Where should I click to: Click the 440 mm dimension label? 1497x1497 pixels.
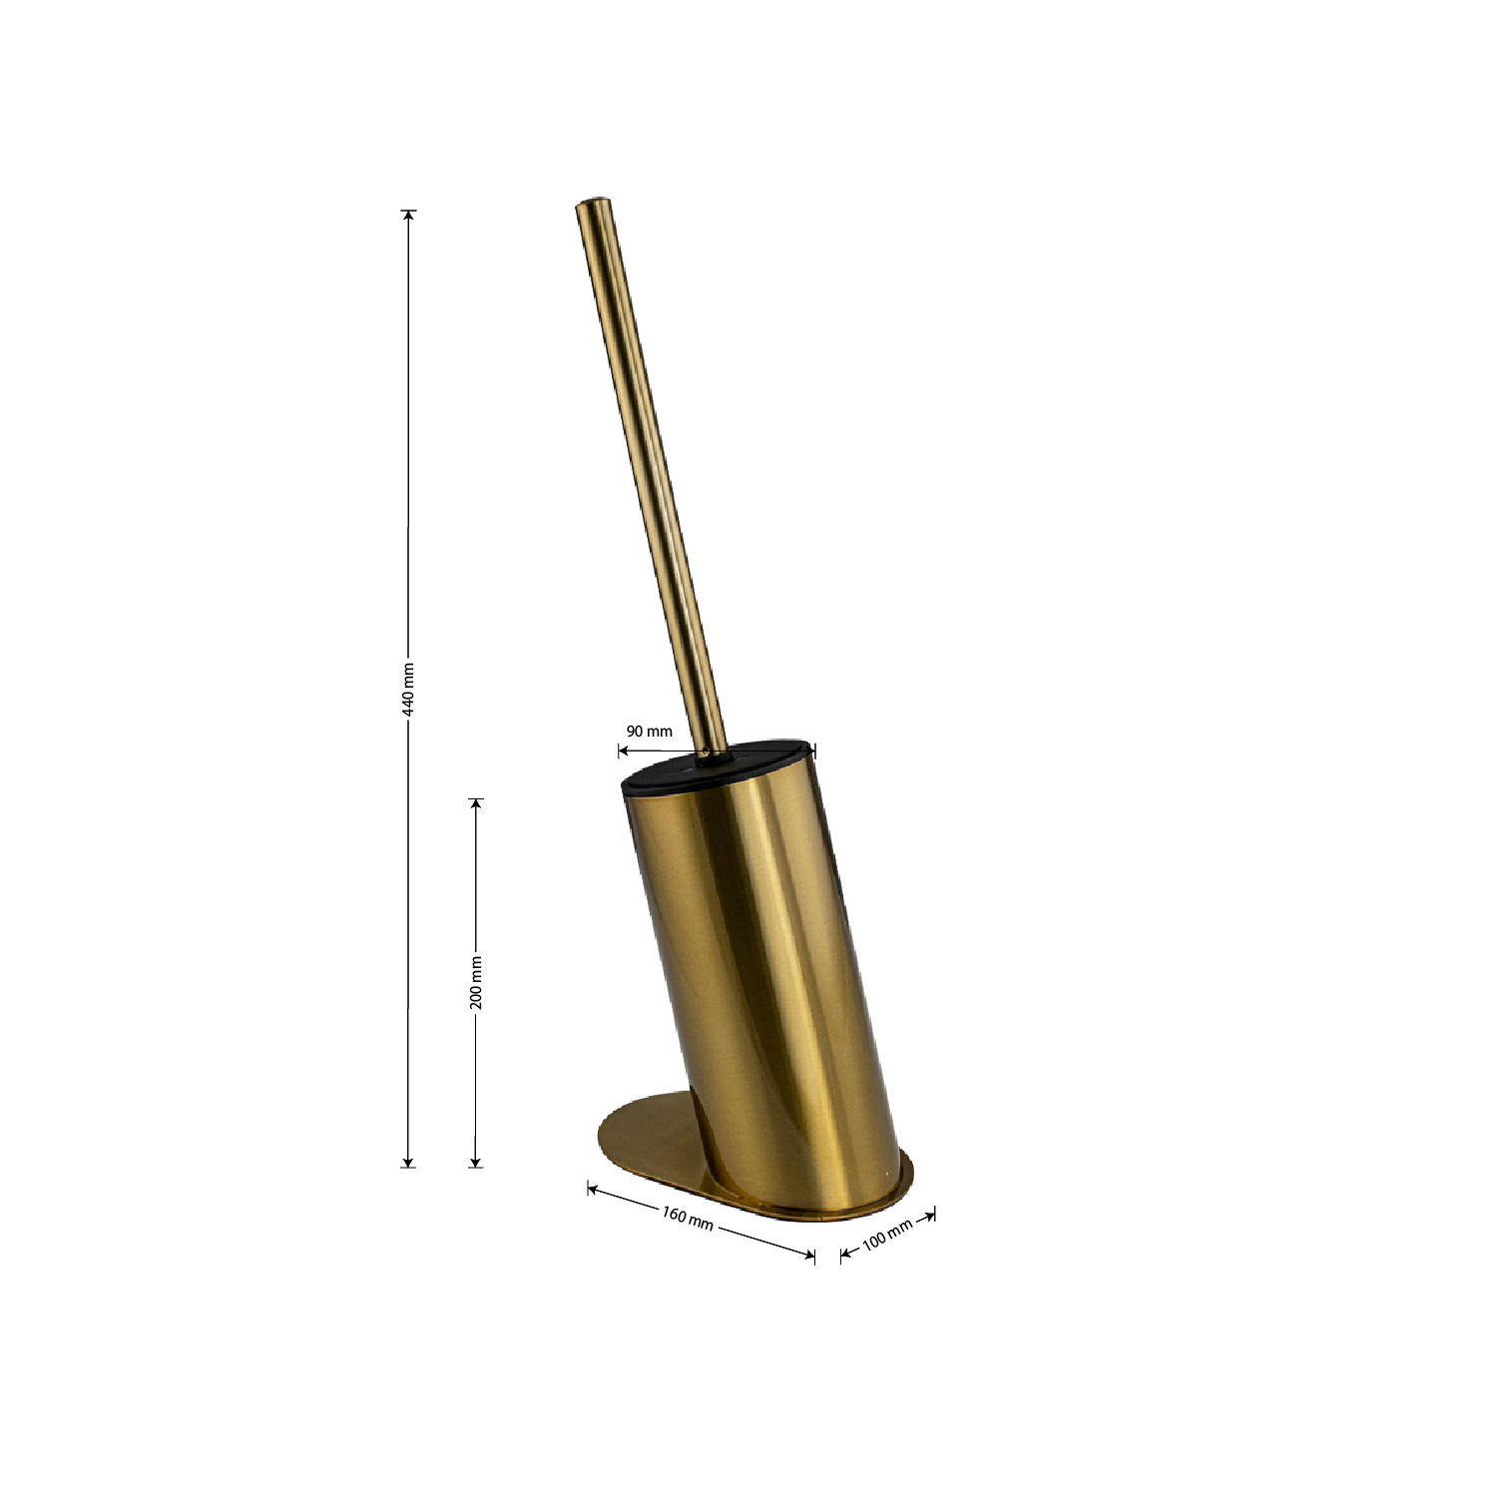(407, 689)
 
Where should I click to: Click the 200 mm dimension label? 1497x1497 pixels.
(476, 982)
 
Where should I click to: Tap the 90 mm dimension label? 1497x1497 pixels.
(649, 731)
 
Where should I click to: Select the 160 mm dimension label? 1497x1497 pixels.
(688, 1219)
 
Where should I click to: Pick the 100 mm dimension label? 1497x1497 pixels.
(887, 1235)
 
